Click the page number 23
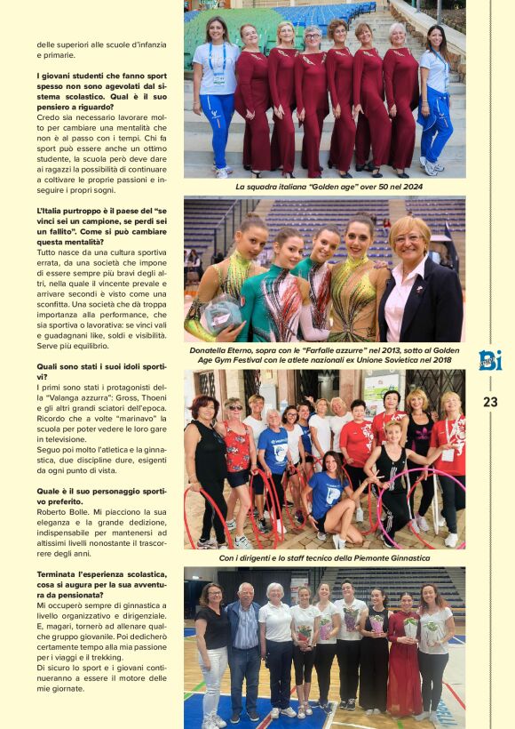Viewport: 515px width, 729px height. (x=490, y=402)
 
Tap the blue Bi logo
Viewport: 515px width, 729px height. (x=490, y=360)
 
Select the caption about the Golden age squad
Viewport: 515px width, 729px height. (x=324, y=187)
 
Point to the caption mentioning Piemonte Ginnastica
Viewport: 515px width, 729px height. (x=324, y=558)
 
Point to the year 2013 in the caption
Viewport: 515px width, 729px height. (x=384, y=350)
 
